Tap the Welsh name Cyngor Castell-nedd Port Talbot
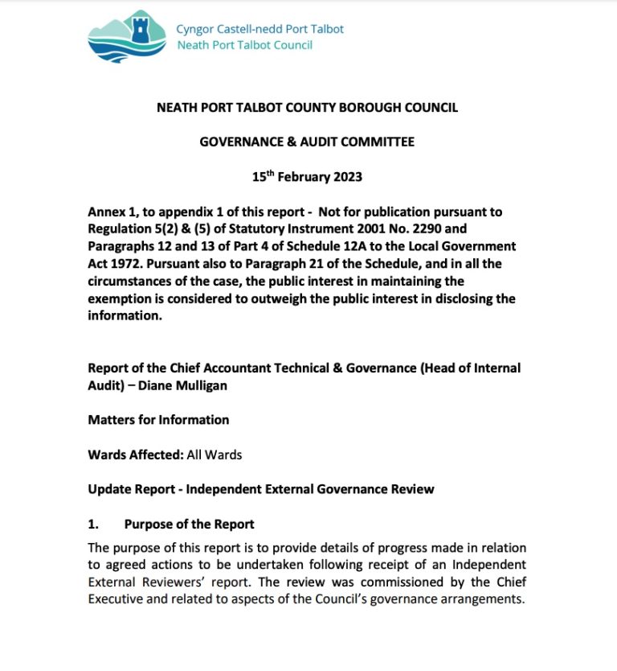tap(259, 29)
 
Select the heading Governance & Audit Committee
tap(307, 142)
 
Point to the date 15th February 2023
tap(308, 177)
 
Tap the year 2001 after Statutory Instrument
tap(349, 228)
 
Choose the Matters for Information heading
tap(158, 419)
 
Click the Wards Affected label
tap(135, 455)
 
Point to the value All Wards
tap(215, 455)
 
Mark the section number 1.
tap(93, 524)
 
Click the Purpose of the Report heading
tap(189, 524)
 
